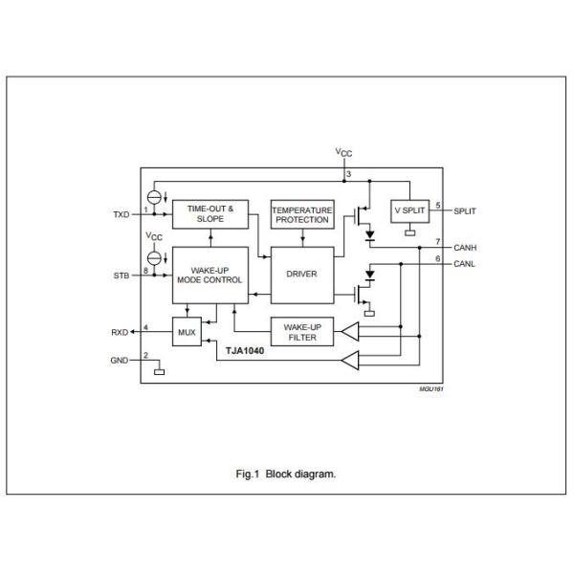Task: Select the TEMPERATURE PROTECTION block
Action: [x=301, y=213]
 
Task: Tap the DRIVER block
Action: [x=301, y=274]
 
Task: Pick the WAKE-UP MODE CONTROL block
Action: [x=209, y=274]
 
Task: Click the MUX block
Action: [x=187, y=331]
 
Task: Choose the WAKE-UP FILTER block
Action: [x=301, y=331]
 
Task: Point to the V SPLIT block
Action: [x=410, y=210]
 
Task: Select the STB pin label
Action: [x=122, y=276]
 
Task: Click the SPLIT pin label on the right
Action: [x=465, y=210]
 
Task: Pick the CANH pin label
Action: [x=467, y=247]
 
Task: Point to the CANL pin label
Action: [x=466, y=263]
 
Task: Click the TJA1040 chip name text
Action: [x=244, y=351]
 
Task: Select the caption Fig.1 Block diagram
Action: [x=286, y=473]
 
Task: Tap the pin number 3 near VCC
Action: [x=349, y=174]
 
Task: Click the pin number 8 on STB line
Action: [x=145, y=271]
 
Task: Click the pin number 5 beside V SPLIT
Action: [x=437, y=205]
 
